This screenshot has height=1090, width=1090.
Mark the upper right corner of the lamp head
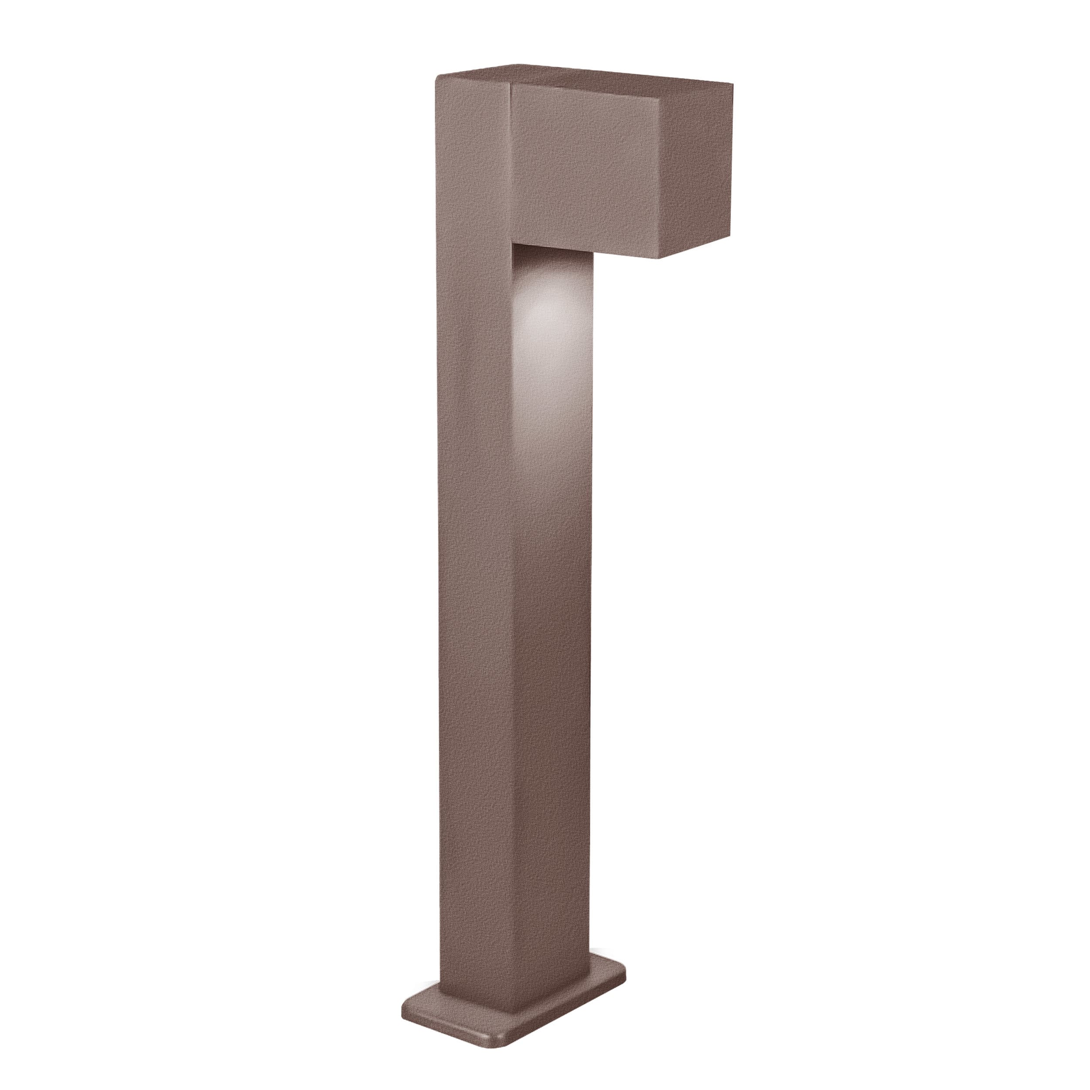pos(732,85)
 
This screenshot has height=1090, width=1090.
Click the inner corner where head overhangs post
pos(514,244)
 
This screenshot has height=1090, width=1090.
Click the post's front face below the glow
pos(553,564)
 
